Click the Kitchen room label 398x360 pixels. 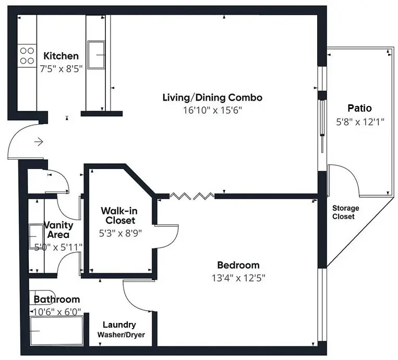(x=61, y=56)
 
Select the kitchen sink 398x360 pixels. (x=97, y=55)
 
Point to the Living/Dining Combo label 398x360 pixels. (x=212, y=98)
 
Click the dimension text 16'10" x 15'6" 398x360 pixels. (x=212, y=110)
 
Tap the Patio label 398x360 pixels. (x=359, y=109)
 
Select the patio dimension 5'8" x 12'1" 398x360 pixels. (x=359, y=122)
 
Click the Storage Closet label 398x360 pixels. (x=346, y=212)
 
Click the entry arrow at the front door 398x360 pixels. (x=39, y=141)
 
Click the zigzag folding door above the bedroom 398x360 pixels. (x=192, y=196)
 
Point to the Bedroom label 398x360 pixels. (x=238, y=265)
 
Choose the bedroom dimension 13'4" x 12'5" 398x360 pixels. (x=238, y=278)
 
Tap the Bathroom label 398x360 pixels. (x=57, y=299)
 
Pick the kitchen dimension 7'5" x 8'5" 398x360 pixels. (x=61, y=68)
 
